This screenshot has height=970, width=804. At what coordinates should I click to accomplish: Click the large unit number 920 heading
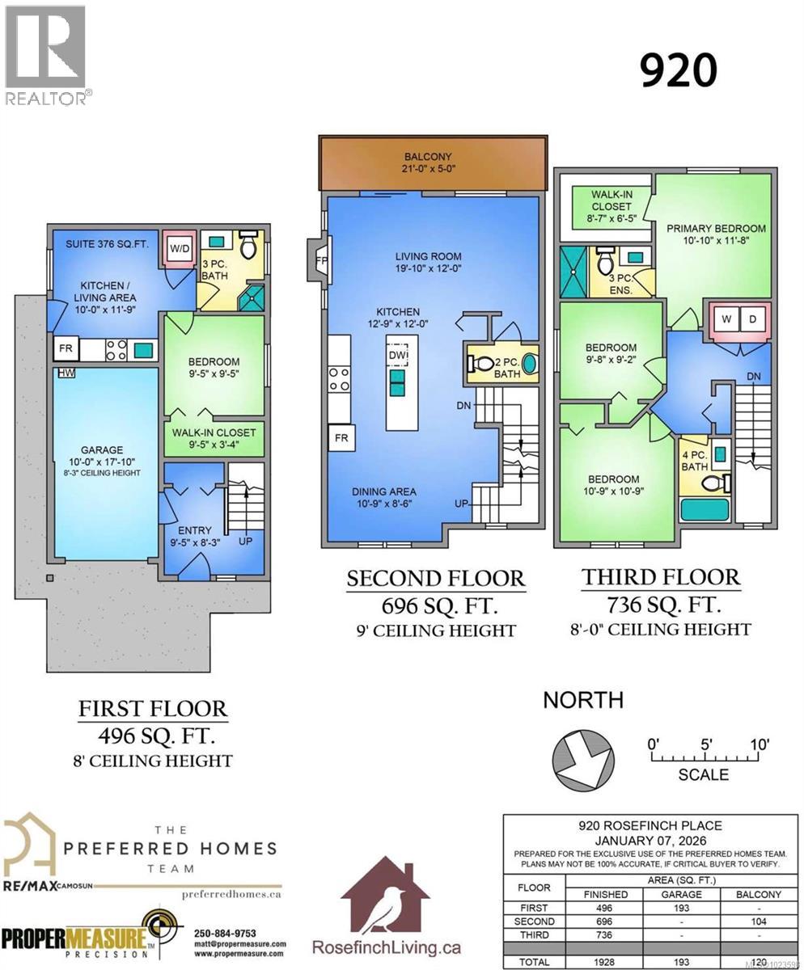click(x=678, y=70)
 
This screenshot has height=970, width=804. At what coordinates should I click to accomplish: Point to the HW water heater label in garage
click(x=63, y=373)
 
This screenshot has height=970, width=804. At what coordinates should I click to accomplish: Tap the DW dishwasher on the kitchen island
click(x=398, y=356)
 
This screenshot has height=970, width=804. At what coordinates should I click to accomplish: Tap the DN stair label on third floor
click(x=752, y=376)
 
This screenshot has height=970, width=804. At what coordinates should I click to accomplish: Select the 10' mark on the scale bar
click(x=759, y=744)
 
